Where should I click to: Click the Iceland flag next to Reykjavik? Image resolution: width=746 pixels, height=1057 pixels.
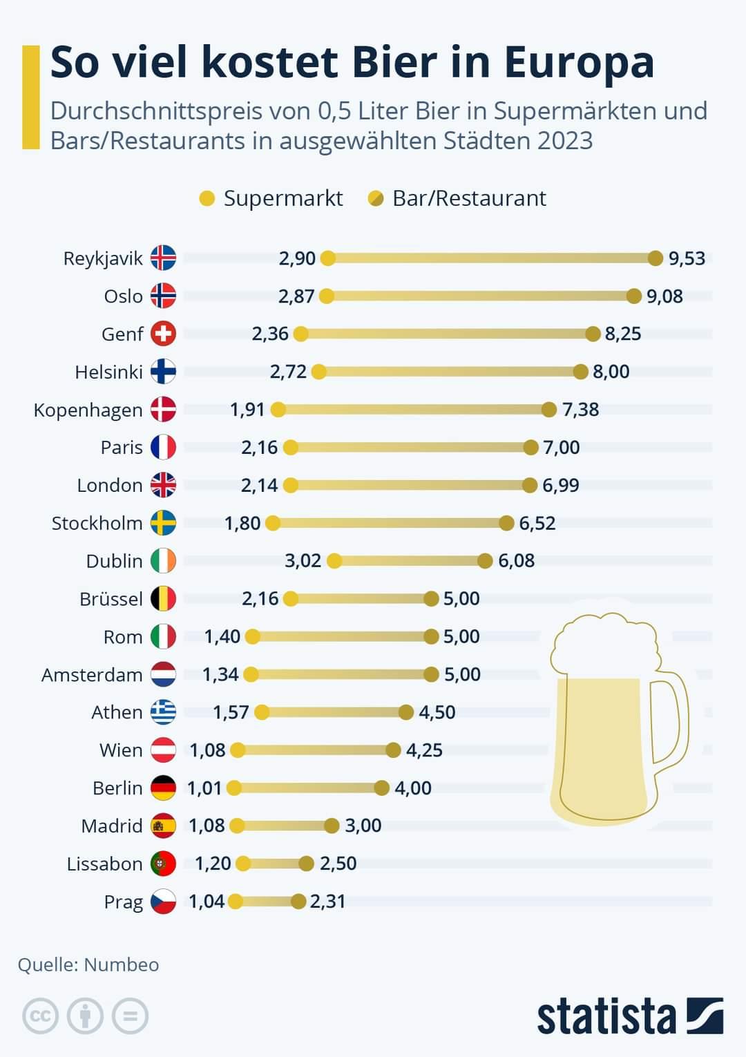click(x=163, y=258)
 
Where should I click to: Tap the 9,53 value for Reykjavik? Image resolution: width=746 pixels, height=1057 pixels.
click(x=687, y=258)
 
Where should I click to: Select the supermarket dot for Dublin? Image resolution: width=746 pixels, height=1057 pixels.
click(x=334, y=561)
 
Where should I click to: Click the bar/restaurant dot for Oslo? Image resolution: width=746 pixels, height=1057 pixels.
click(x=634, y=296)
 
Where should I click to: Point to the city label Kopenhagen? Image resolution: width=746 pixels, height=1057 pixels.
click(x=88, y=410)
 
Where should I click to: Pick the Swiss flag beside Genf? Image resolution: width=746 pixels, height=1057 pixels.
click(x=163, y=334)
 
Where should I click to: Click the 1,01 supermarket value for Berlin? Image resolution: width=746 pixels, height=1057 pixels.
click(x=204, y=788)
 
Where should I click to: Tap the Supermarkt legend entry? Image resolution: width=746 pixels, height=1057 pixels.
click(x=283, y=198)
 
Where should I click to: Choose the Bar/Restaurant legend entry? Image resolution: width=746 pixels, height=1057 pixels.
click(x=468, y=198)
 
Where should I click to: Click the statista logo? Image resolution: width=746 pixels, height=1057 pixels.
click(x=629, y=1016)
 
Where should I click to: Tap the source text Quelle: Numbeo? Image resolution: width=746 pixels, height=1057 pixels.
click(x=88, y=964)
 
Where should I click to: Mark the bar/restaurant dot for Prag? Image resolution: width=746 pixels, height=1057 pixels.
click(x=298, y=902)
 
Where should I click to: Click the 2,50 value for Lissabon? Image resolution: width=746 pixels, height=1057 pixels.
click(x=338, y=864)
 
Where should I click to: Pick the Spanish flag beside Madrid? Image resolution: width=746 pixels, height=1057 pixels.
click(x=163, y=826)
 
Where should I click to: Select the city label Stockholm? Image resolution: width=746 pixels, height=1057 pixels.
click(x=97, y=523)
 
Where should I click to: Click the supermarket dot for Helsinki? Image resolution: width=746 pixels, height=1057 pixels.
click(x=318, y=372)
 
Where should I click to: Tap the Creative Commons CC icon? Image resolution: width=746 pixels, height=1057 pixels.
click(x=40, y=1016)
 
